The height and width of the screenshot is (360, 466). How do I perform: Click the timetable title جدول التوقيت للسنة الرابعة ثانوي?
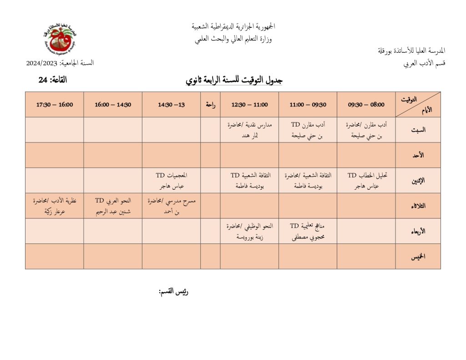[x=234, y=80]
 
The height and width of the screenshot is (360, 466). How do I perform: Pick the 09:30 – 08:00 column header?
[x=366, y=105]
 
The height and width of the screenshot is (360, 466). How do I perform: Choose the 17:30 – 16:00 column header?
[x=54, y=105]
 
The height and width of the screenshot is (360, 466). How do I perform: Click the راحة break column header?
[x=210, y=105]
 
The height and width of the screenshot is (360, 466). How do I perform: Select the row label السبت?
[x=418, y=130]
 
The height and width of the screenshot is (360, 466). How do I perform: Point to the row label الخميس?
[x=418, y=257]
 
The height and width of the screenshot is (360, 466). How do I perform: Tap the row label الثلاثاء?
[x=418, y=206]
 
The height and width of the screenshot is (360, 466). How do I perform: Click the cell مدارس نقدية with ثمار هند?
[x=249, y=130]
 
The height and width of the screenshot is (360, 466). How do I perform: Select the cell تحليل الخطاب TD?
[x=366, y=180]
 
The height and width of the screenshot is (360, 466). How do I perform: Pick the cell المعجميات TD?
[x=171, y=180]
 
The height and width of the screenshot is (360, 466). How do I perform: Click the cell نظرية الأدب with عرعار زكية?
[x=54, y=206]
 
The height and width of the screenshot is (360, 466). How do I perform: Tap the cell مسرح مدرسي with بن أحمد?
[x=171, y=206]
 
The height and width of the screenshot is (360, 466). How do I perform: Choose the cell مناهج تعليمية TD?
[x=308, y=231]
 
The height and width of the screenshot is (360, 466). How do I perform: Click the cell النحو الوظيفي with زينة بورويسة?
[x=249, y=231]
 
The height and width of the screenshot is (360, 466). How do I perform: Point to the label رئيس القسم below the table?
[x=173, y=292]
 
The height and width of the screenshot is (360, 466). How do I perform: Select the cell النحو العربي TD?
[x=112, y=206]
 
